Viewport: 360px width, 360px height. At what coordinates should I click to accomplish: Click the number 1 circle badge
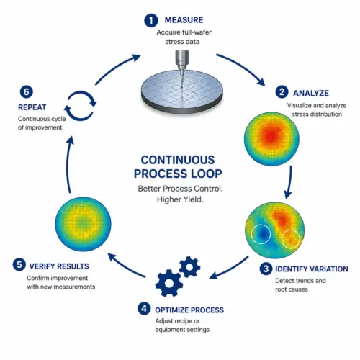pos(150,21)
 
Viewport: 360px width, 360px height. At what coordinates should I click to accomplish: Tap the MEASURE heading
pos(184,20)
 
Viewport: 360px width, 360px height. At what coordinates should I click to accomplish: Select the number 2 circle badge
pos(282,92)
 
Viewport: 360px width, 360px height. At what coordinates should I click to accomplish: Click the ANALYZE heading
pos(311,93)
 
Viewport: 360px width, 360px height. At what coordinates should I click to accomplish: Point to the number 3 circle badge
pos(266,269)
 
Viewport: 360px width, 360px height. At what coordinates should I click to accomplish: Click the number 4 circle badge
pos(144,308)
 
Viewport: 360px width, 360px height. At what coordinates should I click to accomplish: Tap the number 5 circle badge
pos(19,265)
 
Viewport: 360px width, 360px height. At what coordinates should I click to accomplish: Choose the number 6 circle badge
pos(26,92)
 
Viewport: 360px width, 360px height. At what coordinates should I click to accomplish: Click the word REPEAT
pos(32,107)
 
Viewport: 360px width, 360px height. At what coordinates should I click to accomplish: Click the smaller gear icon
pos(189,267)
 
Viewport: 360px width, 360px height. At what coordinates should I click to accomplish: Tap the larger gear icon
pos(169,283)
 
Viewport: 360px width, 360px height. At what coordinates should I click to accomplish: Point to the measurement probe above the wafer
pos(182,68)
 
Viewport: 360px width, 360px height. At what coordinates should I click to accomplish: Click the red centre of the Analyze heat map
pos(271,136)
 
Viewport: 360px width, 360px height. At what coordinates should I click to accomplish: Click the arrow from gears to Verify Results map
pos(126,266)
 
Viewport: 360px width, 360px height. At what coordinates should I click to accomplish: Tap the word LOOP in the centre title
pos(203,174)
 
